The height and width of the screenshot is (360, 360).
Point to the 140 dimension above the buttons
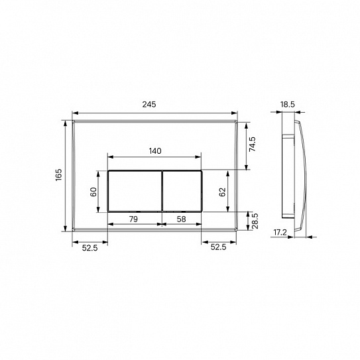click(154, 150)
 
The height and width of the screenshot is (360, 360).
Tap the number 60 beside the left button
click(94, 191)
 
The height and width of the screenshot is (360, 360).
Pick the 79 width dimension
click(133, 217)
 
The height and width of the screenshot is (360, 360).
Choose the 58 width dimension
click(181, 217)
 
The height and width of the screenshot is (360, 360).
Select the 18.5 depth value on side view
click(286, 105)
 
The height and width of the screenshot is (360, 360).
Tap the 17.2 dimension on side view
click(280, 233)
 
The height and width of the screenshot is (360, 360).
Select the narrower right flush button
click(182, 190)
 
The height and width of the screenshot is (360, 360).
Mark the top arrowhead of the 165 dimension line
click(66, 123)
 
